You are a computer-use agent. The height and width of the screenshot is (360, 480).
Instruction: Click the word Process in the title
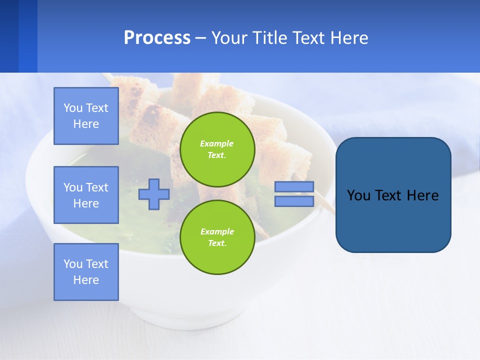pyautogui.click(x=157, y=38)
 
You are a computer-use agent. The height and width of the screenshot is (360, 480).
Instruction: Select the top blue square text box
pyautogui.click(x=86, y=116)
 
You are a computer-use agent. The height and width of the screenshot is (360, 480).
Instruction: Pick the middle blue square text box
pyautogui.click(x=86, y=195)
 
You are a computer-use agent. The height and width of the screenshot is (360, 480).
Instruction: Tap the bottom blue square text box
pyautogui.click(x=86, y=272)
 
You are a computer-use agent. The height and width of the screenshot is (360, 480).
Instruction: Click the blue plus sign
pyautogui.click(x=154, y=194)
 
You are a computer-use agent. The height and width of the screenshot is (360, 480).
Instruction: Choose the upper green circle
pyautogui.click(x=217, y=149)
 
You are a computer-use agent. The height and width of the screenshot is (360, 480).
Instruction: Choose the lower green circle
pyautogui.click(x=217, y=237)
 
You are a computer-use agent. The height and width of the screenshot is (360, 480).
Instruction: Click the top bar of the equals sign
pyautogui.click(x=294, y=187)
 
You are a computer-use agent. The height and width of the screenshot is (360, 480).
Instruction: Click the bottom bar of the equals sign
pyautogui.click(x=294, y=201)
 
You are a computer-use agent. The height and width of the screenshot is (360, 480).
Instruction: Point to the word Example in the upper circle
pyautogui.click(x=217, y=143)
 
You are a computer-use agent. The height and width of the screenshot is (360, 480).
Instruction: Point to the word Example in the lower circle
pyautogui.click(x=217, y=231)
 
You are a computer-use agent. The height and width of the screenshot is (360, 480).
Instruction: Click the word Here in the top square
pyautogui.click(x=86, y=124)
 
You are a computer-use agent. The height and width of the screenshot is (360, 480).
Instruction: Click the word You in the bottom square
pyautogui.click(x=72, y=264)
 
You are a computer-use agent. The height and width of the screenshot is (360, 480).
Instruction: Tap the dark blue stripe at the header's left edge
pyautogui.click(x=9, y=36)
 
